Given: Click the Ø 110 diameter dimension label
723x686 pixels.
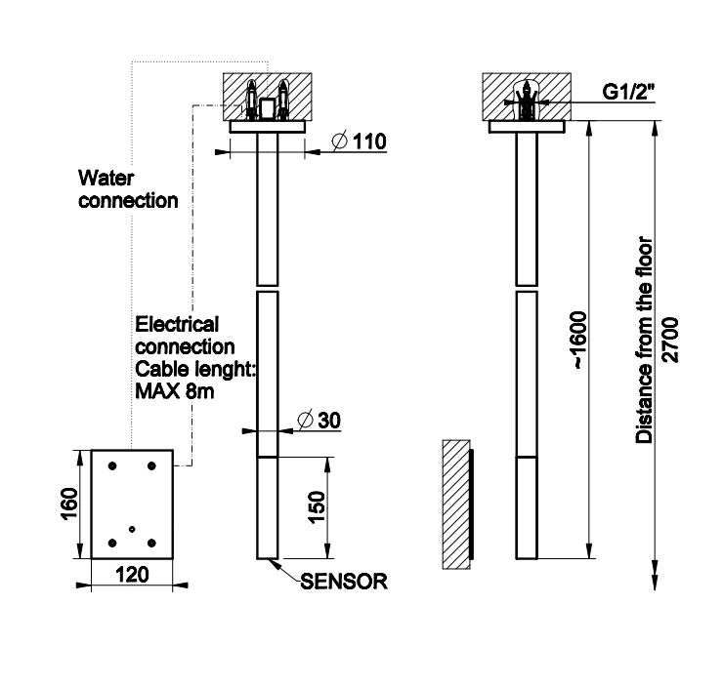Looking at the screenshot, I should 359,142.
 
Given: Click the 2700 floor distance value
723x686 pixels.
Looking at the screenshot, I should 669,339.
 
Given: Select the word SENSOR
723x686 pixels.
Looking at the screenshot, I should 344,583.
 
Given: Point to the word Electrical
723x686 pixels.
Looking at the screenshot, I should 178,324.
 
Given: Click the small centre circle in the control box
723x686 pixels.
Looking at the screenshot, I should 132,528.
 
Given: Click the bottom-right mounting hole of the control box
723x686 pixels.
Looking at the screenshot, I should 150,543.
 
